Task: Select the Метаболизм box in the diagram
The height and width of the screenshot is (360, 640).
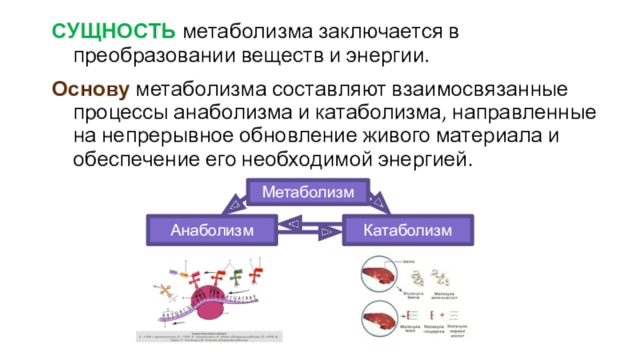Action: [308, 193]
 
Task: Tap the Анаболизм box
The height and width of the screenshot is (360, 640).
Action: [212, 230]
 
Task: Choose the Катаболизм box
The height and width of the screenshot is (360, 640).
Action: [407, 230]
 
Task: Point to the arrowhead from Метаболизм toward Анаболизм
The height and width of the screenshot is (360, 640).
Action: [234, 206]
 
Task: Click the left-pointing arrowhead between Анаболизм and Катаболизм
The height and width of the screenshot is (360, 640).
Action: [294, 223]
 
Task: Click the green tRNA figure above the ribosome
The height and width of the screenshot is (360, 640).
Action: [237, 276]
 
